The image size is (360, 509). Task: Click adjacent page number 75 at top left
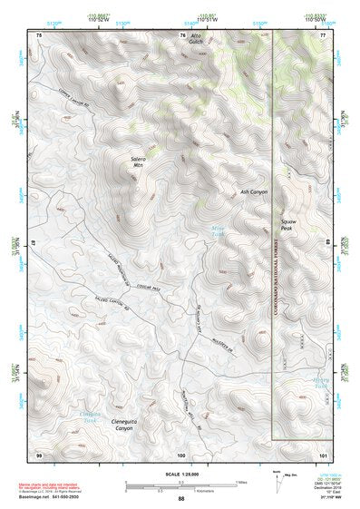click(39, 34)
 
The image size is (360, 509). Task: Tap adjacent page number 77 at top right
click(323, 34)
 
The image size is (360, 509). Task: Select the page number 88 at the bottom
click(180, 500)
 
